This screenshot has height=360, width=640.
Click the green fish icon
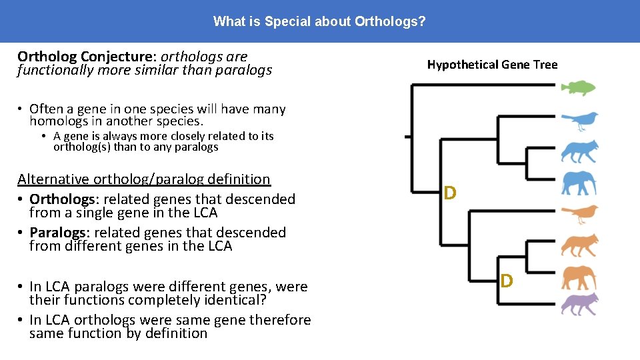(x=577, y=87)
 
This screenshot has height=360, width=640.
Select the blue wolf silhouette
(x=579, y=152)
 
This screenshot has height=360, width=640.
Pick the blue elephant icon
(x=579, y=183)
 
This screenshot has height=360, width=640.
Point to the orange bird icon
(x=579, y=214)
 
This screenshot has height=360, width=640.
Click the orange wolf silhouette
(x=579, y=245)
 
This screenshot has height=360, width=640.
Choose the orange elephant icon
(x=579, y=276)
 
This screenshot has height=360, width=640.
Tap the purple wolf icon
(x=579, y=304)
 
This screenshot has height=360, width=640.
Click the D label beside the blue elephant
(x=450, y=193)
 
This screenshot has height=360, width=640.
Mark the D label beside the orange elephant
(x=507, y=281)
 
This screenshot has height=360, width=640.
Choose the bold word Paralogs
(x=57, y=233)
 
